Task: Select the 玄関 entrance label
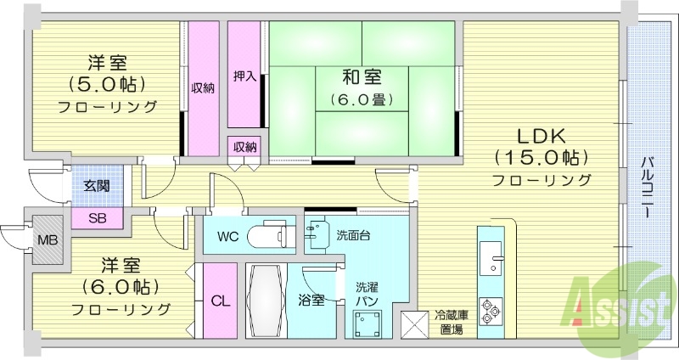coord(96,186)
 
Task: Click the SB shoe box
coord(98,217)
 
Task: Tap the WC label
coord(227,235)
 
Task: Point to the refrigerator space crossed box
coord(417,323)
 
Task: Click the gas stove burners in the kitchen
coord(491,311)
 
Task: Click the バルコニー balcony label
coord(647,188)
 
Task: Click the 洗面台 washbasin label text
coord(354,234)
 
